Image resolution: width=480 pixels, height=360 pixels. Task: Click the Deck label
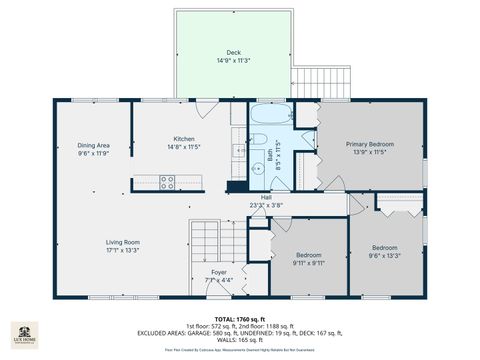(x=233, y=51)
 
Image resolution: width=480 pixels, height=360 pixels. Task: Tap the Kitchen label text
(x=183, y=139)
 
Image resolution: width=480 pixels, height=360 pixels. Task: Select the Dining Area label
(x=93, y=146)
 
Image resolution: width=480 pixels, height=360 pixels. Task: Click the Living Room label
(x=123, y=242)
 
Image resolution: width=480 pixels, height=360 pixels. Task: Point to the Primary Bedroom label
(x=370, y=144)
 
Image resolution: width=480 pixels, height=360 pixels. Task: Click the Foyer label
(x=219, y=272)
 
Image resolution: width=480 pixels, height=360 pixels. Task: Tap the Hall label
(x=267, y=198)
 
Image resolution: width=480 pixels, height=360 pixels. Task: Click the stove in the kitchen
(x=167, y=182)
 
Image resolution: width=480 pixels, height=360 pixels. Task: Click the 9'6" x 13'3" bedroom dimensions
(x=386, y=254)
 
